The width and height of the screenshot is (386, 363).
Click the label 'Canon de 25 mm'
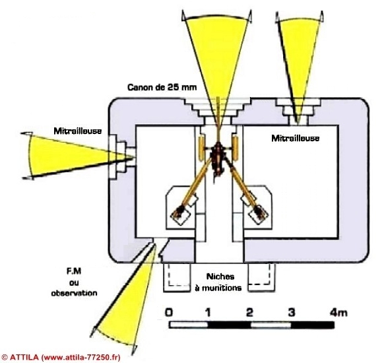162,87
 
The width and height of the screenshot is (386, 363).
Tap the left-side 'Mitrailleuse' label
78,131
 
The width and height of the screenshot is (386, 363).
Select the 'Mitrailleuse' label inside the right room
295,138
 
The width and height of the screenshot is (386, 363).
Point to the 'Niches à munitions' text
218,282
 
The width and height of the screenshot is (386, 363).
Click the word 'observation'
74,293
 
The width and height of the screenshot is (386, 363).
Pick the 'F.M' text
74,271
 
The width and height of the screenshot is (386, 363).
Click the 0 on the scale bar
169,313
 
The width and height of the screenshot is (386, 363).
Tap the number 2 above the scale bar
249,313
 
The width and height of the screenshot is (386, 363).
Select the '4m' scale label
338,313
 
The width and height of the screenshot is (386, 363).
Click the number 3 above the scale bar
292,313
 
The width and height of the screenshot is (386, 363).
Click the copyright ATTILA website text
61,357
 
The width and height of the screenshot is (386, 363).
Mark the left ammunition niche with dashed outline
177,278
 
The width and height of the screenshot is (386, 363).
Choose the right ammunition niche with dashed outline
261,277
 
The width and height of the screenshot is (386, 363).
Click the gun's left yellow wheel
202,147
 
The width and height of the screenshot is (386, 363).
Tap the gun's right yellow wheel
236,147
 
